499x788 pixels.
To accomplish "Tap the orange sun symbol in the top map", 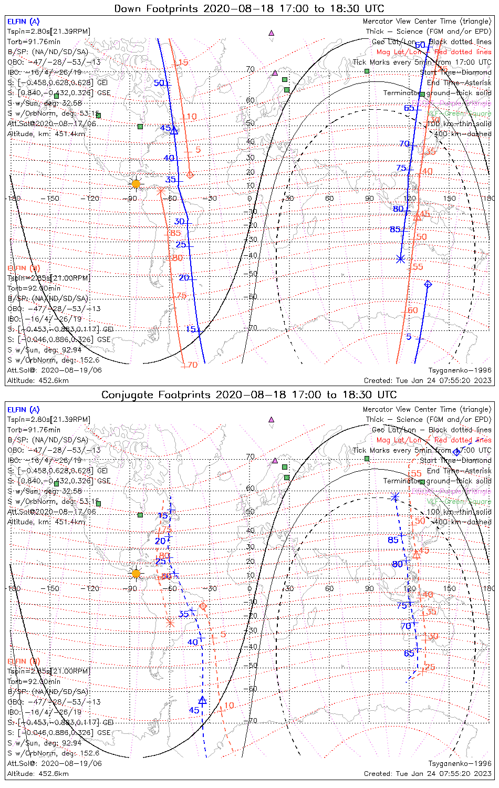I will click(136, 183).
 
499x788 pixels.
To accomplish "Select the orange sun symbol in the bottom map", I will click(136, 573).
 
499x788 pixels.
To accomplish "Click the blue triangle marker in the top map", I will click(175, 130).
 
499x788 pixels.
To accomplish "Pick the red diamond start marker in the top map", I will click(190, 174).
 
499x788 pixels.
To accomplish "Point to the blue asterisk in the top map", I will click(401, 259).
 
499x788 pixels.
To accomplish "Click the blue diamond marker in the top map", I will click(428, 284).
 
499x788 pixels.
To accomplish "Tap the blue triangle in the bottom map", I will click(203, 700).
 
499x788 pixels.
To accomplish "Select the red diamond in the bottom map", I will click(203, 606).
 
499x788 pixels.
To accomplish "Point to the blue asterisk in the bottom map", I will click(395, 497).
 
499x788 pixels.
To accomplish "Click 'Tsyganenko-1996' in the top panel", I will click(460, 370).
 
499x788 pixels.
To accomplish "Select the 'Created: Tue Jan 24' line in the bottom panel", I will click(428, 773).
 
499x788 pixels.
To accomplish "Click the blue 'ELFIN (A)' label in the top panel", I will click(23, 22).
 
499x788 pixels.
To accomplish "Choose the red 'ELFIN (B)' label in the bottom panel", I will click(23, 661).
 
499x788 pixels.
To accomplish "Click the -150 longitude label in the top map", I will click(53, 198).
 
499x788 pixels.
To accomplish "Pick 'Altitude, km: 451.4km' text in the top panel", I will click(46, 134).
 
